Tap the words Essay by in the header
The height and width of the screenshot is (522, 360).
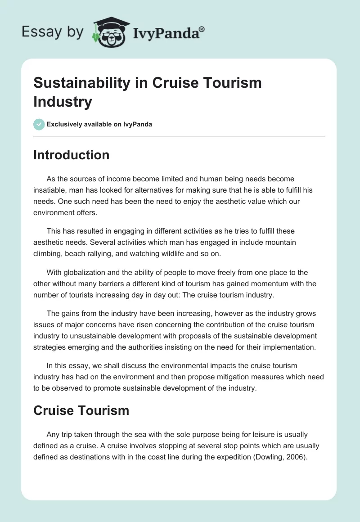click(x=53, y=31)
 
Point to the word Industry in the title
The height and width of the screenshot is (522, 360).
click(x=63, y=102)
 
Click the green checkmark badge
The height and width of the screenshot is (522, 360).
click(x=39, y=124)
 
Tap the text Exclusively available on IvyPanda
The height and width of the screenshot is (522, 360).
click(x=99, y=124)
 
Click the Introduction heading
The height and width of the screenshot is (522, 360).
click(x=71, y=155)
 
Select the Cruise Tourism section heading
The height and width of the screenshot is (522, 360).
click(x=81, y=410)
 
